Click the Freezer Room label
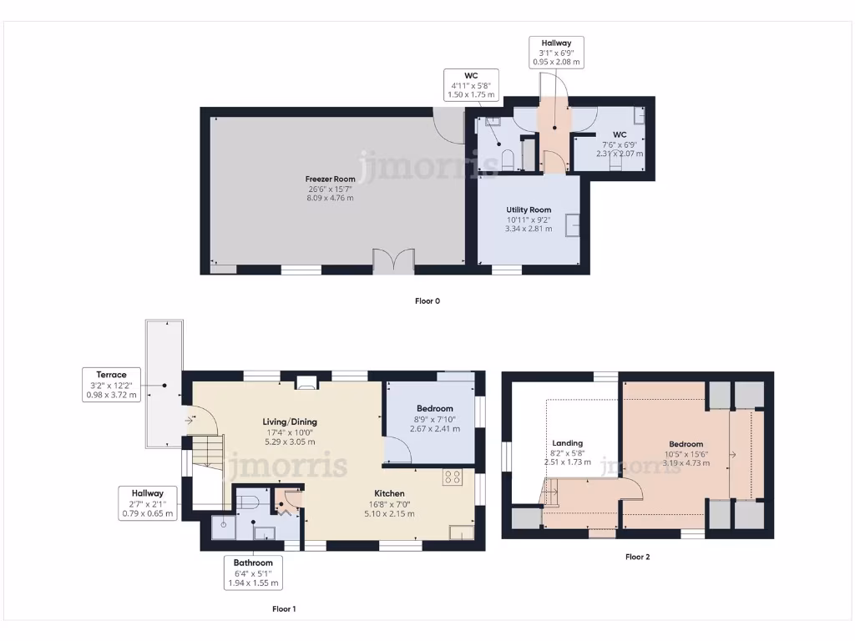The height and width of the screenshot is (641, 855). coord(331,179)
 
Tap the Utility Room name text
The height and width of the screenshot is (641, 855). coord(529,209)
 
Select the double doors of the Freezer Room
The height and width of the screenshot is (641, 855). coord(393,261)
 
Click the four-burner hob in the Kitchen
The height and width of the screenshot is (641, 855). coord(453,477)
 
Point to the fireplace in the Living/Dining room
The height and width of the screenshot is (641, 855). coord(306,384)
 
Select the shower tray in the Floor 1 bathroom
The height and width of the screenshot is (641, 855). coord(222,525)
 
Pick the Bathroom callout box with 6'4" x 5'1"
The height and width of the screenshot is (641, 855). coord(253,573)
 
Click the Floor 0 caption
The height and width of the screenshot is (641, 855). coord(427,301)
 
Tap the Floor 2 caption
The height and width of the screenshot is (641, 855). coord(637,557)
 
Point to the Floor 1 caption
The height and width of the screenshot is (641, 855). coord(284,609)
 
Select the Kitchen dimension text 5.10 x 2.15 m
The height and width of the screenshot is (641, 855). coord(389,513)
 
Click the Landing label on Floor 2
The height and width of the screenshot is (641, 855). coord(568,443)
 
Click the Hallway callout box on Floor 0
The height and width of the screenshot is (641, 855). coord(555,52)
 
